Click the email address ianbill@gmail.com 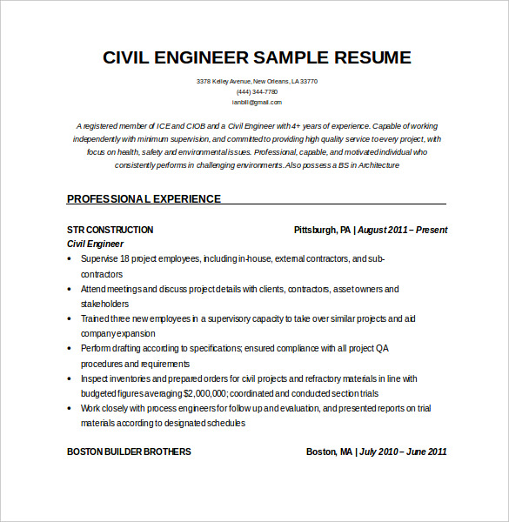[257, 102]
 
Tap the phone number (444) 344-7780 [257, 91]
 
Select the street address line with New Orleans [257, 81]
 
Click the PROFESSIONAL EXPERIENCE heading [144, 198]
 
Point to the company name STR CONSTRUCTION [110, 230]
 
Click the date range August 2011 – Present [403, 230]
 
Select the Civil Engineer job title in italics [96, 244]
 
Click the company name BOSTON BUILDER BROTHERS [129, 452]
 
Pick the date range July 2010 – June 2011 [404, 452]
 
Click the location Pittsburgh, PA [323, 230]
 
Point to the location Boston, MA [329, 452]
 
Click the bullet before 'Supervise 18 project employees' [70, 259]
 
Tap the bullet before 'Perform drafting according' [70, 348]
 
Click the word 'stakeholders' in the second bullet [105, 304]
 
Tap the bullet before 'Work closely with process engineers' [70, 408]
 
